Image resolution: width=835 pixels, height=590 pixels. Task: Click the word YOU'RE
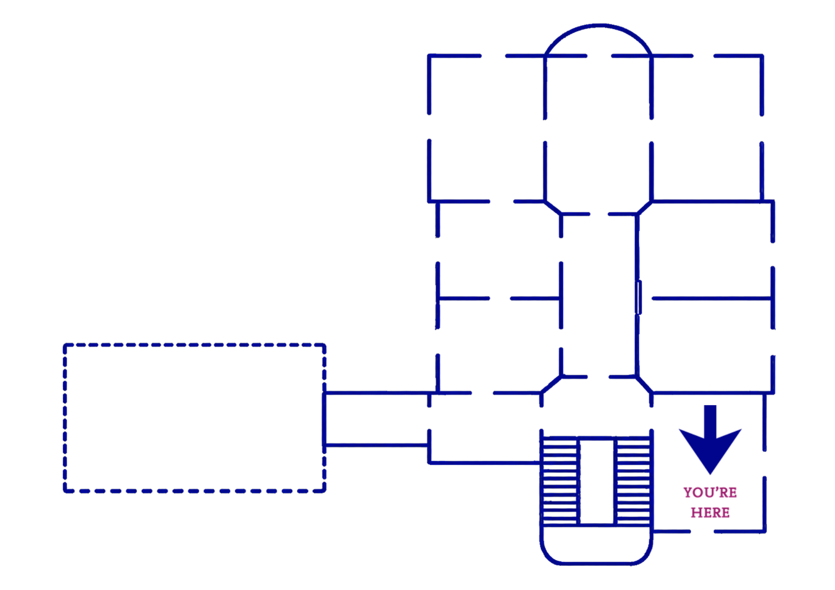[710, 492]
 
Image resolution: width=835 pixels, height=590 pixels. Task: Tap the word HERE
[710, 512]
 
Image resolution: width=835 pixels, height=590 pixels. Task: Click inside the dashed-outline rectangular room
[195, 418]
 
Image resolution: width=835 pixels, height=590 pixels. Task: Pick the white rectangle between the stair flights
[597, 481]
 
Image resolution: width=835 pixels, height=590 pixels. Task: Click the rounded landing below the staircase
[596, 563]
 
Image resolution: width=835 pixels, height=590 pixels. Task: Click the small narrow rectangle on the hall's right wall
[638, 298]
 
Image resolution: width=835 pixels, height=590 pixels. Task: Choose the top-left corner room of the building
[487, 129]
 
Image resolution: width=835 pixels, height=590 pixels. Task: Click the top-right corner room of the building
[706, 129]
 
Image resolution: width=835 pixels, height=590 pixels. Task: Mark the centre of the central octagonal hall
[599, 295]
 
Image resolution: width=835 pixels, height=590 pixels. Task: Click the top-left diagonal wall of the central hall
[553, 208]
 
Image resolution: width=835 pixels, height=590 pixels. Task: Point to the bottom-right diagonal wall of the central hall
[644, 385]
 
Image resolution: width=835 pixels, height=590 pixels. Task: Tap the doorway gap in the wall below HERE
[702, 532]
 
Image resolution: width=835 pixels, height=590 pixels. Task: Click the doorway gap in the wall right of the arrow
[764, 464]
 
